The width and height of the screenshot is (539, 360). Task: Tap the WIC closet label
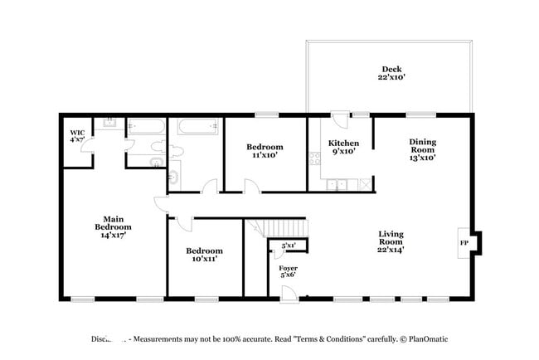point(77,135)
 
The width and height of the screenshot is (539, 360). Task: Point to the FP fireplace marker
point(464,243)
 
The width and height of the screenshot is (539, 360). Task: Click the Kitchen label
point(343,147)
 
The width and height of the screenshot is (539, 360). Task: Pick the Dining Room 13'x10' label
point(421,148)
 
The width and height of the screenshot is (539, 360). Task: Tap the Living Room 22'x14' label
point(391,241)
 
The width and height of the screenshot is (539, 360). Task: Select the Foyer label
point(287,273)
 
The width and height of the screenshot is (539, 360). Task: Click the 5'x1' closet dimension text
point(289,246)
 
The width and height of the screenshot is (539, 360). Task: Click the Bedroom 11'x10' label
point(265,150)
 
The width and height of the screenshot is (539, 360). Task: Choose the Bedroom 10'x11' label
point(204,255)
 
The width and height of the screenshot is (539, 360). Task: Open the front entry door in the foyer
point(287,292)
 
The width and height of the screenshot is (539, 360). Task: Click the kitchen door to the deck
point(338,120)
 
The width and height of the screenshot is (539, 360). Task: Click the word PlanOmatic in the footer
point(429,339)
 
